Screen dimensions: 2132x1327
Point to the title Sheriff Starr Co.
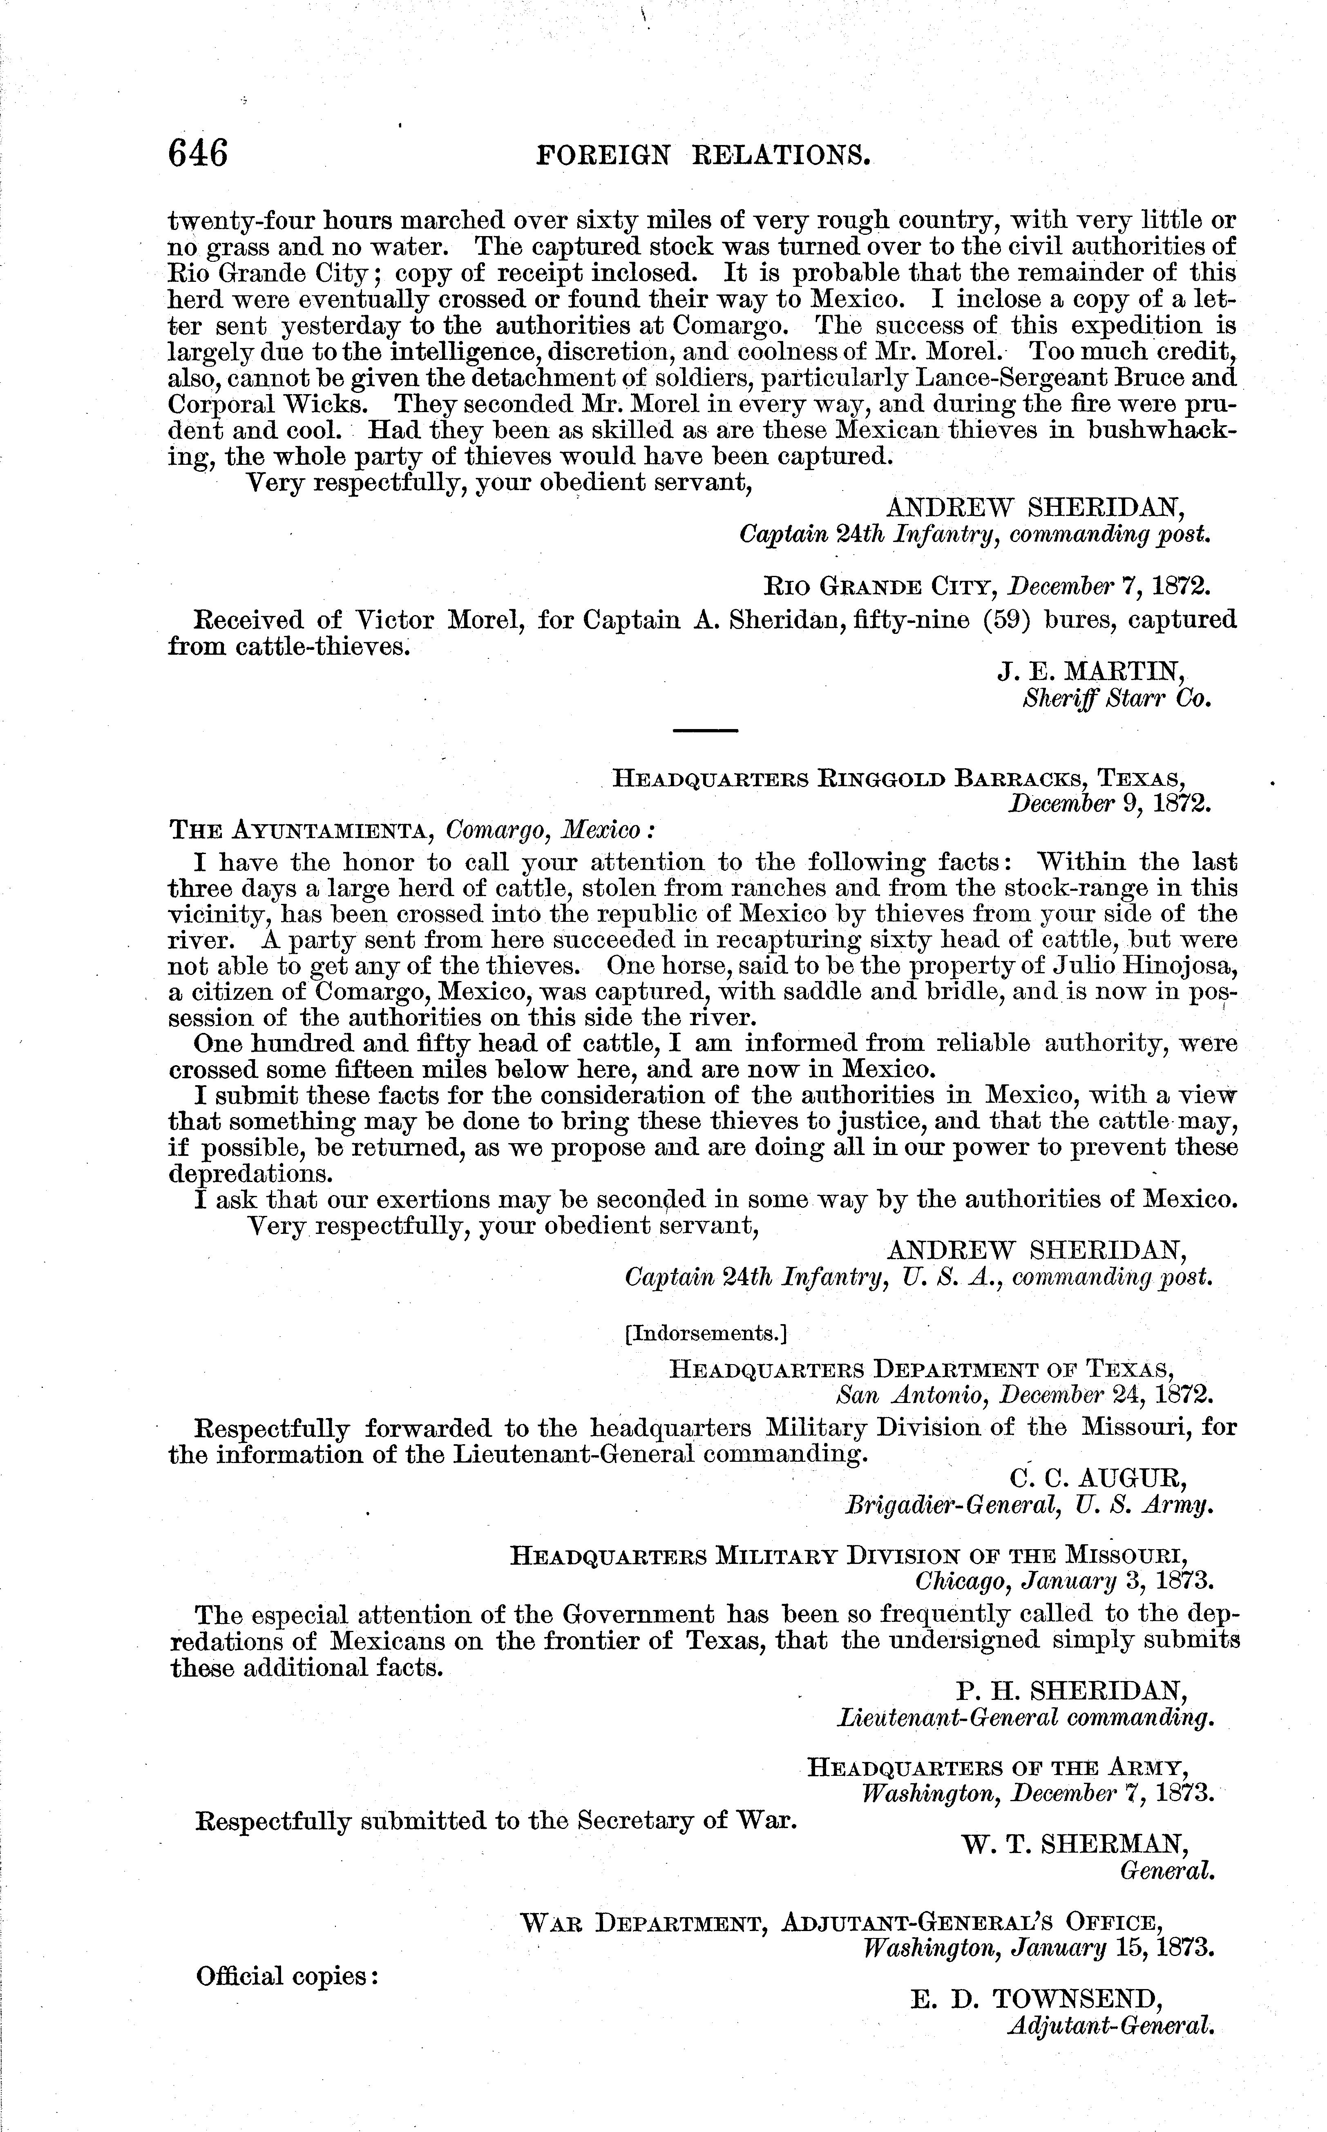click(x=1116, y=699)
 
